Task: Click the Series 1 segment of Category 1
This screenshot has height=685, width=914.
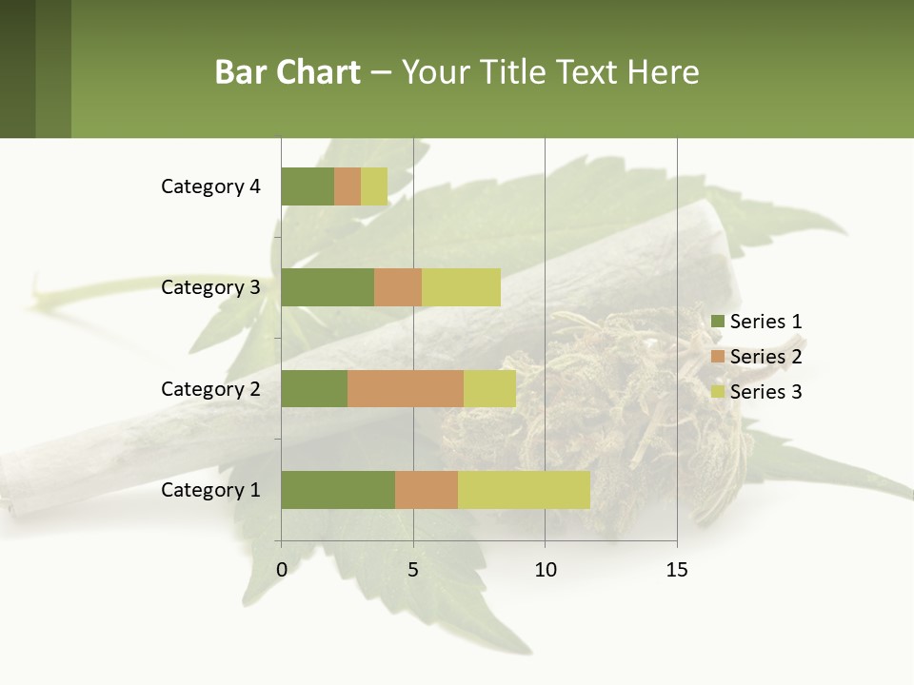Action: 338,490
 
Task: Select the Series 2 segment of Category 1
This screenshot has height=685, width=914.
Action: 427,490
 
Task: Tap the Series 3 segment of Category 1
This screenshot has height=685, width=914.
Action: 524,490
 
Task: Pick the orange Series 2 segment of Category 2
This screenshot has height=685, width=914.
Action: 406,388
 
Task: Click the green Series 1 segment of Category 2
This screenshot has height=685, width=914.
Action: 314,388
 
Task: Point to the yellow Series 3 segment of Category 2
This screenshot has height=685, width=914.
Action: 489,388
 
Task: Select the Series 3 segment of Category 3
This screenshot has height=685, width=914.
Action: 461,287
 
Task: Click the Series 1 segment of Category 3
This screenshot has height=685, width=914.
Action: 328,287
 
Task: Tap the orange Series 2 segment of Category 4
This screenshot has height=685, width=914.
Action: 348,186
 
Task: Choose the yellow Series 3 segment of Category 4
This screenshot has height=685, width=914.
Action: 374,186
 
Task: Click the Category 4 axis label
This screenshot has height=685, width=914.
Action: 210,186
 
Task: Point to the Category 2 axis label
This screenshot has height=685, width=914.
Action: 210,388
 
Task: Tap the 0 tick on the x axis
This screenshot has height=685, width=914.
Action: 282,570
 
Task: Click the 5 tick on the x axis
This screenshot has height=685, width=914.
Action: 413,570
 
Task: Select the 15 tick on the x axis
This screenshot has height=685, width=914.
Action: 677,570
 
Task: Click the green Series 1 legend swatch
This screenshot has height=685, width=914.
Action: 717,322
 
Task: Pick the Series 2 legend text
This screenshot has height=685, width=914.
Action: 765,357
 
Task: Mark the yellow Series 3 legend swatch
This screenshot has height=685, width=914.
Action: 717,392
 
